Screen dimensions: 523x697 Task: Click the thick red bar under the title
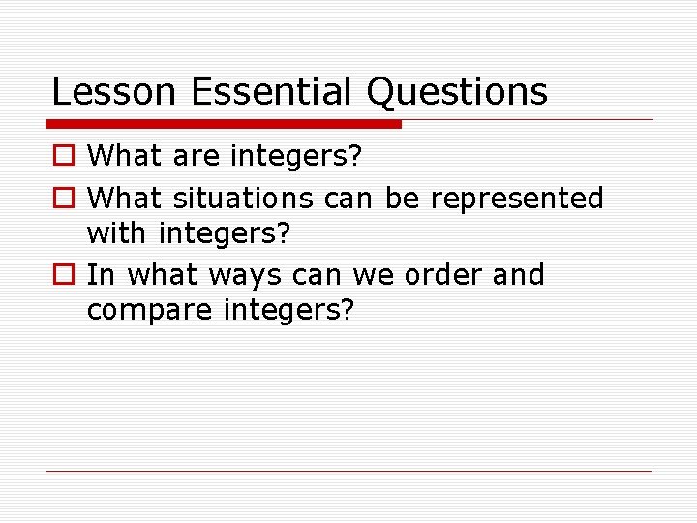pos(224,124)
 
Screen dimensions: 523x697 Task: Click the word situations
pos(243,199)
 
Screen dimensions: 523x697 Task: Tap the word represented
pos(517,199)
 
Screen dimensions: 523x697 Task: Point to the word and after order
pos(519,275)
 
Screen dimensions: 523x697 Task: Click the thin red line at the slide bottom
pos(348,472)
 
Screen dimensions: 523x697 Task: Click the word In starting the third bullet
pos(101,275)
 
